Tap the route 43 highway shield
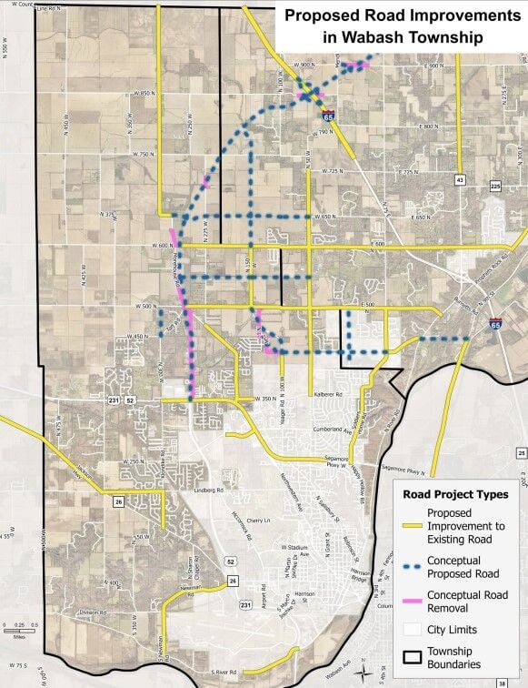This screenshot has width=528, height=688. pyautogui.click(x=461, y=179)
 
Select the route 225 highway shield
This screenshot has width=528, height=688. pyautogui.click(x=495, y=186)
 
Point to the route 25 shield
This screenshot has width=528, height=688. pyautogui.click(x=522, y=452)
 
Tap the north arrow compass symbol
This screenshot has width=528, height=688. pyautogui.click(x=364, y=673)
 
